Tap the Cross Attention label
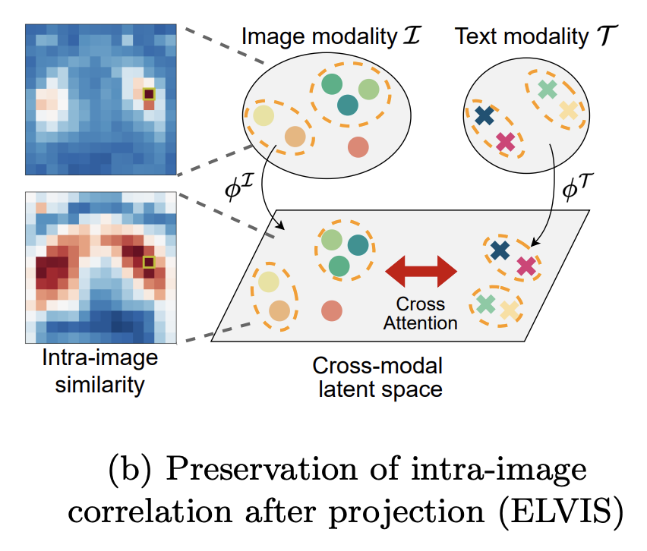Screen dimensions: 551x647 point(420,313)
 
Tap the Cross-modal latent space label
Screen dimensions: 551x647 point(377,378)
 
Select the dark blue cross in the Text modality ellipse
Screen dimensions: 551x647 point(484,116)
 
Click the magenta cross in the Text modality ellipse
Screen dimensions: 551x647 point(505,140)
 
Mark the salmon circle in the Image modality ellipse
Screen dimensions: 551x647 point(358,146)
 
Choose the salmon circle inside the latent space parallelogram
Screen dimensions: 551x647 point(331,310)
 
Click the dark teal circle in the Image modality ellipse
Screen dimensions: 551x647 point(349,105)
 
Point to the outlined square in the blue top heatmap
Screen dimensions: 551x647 point(149,94)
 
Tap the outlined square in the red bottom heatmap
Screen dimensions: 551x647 point(149,263)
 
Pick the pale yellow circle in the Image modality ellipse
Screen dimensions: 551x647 point(264,115)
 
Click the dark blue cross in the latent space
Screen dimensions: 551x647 point(499,250)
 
